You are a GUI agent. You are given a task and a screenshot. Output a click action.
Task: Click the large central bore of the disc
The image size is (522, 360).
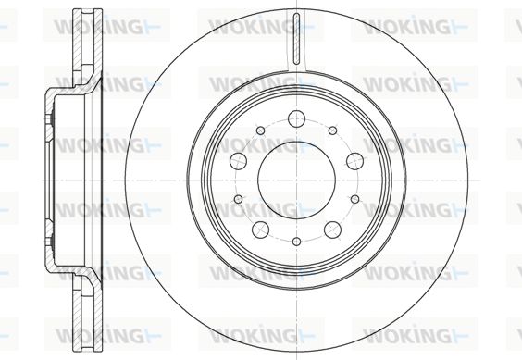(x=296, y=180)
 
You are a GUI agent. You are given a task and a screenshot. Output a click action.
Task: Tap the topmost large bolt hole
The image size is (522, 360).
(x=296, y=118)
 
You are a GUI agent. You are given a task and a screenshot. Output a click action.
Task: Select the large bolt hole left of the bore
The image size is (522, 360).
(x=239, y=161)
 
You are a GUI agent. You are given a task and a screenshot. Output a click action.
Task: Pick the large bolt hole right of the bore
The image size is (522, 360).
(x=354, y=161)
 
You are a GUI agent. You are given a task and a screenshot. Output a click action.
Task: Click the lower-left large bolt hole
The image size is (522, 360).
(x=260, y=230)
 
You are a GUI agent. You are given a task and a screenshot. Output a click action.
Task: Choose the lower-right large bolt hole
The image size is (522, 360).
(x=332, y=230)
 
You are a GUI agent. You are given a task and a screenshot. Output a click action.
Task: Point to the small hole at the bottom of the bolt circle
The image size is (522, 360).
(x=296, y=242)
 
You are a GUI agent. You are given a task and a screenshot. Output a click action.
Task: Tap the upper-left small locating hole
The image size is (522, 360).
(x=261, y=130)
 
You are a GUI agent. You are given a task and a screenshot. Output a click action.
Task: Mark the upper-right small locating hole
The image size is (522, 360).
(x=332, y=130)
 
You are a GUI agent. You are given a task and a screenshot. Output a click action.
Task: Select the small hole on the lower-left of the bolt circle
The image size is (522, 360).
(x=239, y=199)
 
